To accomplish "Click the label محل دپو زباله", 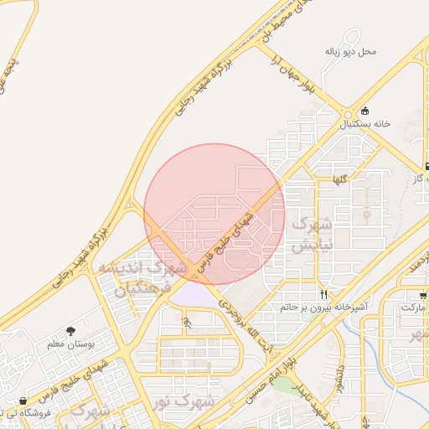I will [351, 51].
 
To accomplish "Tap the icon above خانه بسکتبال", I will [364, 111].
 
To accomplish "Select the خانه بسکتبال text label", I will [365, 123].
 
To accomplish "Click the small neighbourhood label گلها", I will [339, 179].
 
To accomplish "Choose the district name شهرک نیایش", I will [313, 235].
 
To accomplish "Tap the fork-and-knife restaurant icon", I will [323, 294].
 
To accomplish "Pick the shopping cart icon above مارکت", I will [423, 295].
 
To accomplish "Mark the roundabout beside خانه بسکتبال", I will [347, 114].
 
